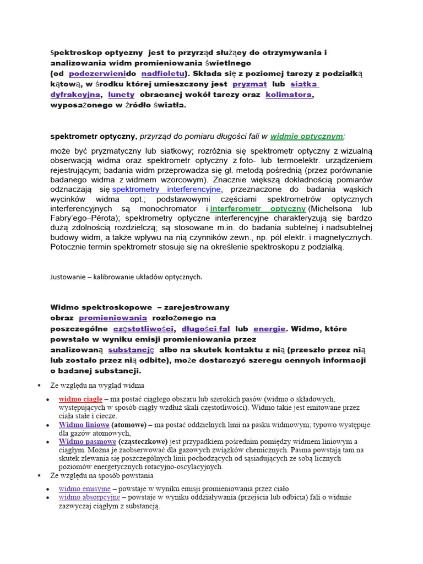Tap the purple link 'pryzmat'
point(250,84)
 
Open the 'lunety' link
point(121,95)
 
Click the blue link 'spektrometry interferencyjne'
point(166,189)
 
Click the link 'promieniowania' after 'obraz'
point(113,318)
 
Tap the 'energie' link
point(269,329)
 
